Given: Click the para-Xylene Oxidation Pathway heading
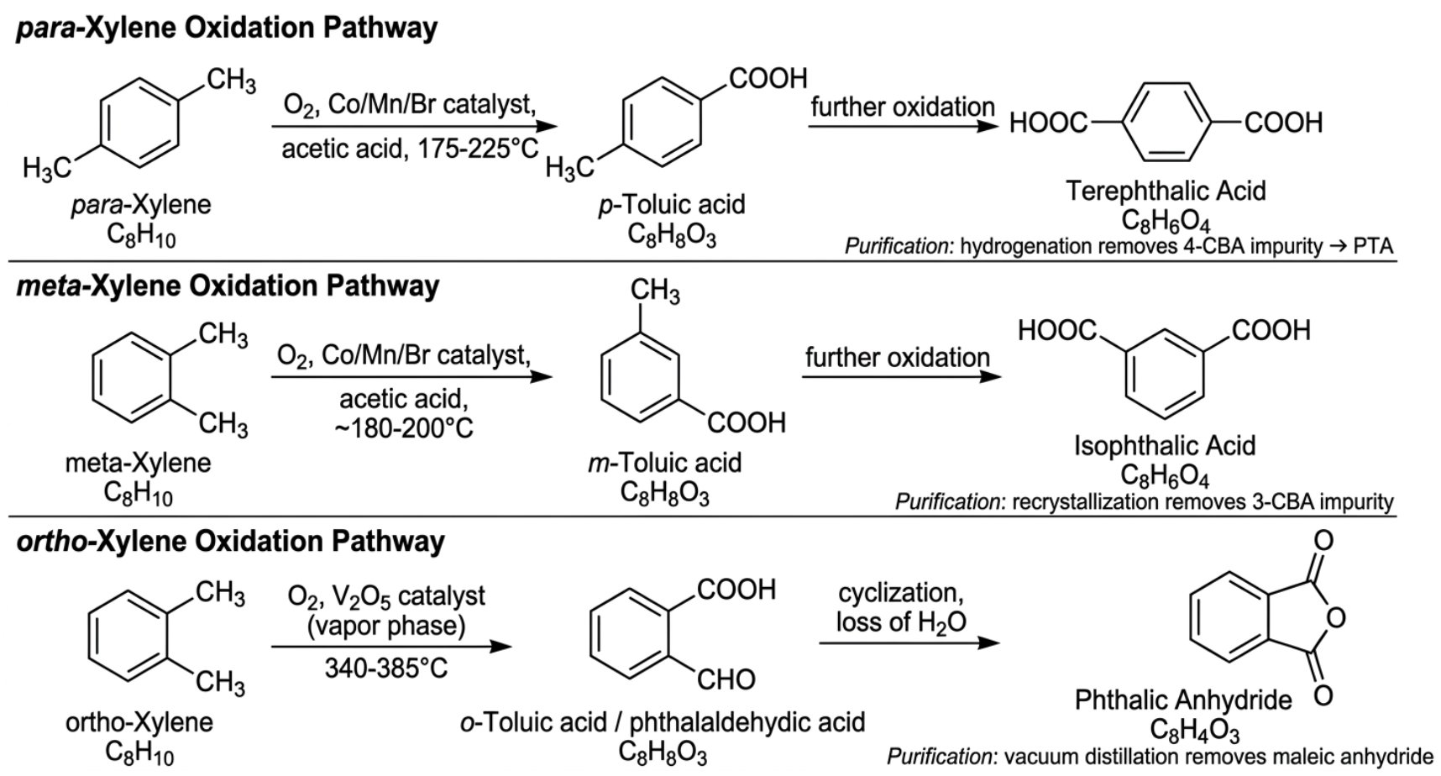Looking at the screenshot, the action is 227,28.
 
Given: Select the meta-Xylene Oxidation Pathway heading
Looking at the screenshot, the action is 228,286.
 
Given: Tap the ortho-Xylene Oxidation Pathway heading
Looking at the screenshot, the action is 230,541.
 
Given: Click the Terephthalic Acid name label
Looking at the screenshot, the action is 1166,191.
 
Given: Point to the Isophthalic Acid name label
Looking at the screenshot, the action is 1164,445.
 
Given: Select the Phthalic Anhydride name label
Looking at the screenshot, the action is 1183,700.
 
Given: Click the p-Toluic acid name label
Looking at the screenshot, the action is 671,204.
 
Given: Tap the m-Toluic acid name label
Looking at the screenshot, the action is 664,463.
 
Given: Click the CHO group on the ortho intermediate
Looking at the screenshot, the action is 726,679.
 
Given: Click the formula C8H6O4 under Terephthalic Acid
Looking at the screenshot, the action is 1166,222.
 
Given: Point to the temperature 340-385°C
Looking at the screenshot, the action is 385,669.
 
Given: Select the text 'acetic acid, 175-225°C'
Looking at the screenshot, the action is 410,149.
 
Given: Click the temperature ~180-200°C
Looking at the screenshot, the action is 403,428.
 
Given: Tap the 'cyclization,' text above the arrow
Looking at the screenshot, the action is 900,593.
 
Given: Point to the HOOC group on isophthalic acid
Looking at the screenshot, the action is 1056,330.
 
